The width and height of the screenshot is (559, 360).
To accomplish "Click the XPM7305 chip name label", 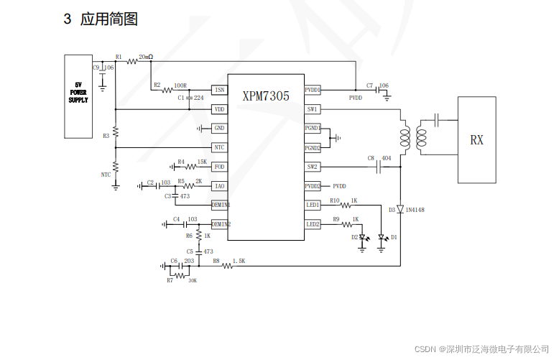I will point(266,96).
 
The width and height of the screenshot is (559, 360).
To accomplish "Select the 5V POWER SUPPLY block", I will point(78,96).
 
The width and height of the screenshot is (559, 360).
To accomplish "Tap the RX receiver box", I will point(476,140).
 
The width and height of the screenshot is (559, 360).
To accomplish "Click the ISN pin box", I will point(220,90).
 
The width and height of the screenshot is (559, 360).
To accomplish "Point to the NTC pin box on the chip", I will point(220,147).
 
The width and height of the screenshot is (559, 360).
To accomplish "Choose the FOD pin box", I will point(220,167).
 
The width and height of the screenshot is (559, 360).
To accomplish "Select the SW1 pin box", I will point(312,109).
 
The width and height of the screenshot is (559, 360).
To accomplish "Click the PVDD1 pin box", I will point(312,90).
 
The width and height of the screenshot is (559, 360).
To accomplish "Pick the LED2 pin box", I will point(312,224).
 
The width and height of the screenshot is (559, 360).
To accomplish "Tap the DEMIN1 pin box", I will point(220,205).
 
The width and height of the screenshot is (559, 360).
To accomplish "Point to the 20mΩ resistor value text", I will point(146,56).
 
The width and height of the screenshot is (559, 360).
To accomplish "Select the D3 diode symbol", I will point(400,209).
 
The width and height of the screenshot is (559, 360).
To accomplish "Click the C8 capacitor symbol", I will point(379,167).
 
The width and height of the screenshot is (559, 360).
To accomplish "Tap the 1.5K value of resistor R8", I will point(239,260).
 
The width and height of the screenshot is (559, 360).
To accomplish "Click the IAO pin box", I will point(220,186).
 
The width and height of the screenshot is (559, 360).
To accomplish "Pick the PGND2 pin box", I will point(312,147).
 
